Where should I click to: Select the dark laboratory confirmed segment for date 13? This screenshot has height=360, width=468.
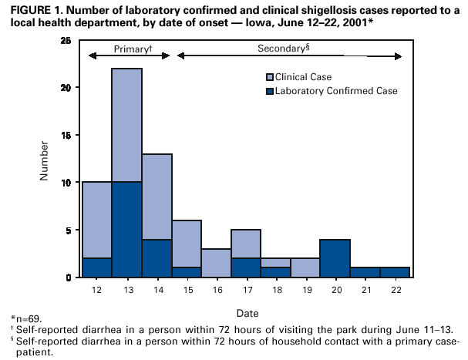[x=126, y=230]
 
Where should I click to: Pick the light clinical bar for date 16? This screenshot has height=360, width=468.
[x=216, y=263]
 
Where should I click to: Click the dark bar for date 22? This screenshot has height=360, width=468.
[x=394, y=272]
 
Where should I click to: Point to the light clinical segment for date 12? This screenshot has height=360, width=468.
[x=97, y=220]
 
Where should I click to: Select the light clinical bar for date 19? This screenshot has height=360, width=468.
[x=305, y=267]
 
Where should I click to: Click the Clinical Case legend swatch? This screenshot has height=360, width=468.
[x=269, y=76]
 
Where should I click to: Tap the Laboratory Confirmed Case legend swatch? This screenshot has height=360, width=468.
[x=269, y=91]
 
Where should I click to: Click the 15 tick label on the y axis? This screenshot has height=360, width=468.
[x=68, y=135]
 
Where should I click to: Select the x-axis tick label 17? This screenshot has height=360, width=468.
[x=246, y=290]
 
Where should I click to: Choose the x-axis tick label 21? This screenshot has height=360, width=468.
[x=365, y=290]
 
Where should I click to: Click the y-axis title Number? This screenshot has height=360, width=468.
[x=44, y=160]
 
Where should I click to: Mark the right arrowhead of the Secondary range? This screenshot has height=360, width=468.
[x=399, y=56]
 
